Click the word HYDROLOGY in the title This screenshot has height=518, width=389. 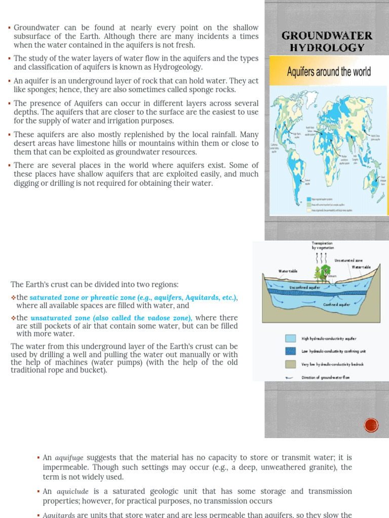327,48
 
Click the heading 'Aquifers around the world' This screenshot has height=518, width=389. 329,72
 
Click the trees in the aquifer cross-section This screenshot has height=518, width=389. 321,273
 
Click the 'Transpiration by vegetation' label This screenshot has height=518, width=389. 322,246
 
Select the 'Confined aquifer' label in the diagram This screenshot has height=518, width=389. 337,305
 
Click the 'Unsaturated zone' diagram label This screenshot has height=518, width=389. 348,260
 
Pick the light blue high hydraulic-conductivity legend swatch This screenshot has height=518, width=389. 290,338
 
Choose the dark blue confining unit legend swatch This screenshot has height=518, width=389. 290,352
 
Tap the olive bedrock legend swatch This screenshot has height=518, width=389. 290,364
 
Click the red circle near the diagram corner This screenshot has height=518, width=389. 371,425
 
